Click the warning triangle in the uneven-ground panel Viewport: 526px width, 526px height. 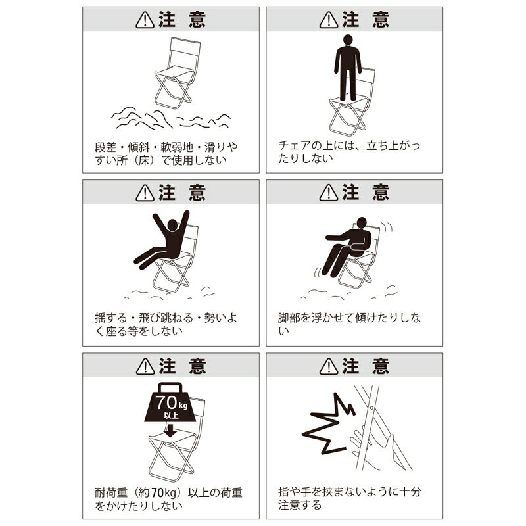(x=144, y=20)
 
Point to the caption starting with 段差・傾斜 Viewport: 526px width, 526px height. (x=157, y=153)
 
